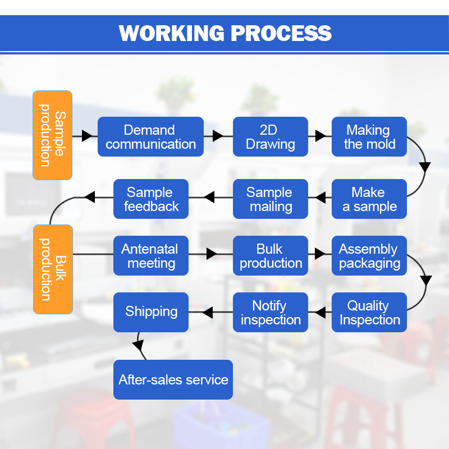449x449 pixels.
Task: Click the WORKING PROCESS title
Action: tap(225, 33)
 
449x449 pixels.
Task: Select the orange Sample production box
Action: tap(52, 135)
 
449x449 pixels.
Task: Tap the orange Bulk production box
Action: tap(53, 269)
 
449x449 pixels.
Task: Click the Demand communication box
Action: tap(150, 136)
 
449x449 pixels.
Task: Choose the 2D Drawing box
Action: tap(271, 136)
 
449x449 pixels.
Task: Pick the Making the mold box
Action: tap(369, 136)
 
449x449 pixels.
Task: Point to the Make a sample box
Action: tap(369, 199)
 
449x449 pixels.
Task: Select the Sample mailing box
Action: tap(271, 199)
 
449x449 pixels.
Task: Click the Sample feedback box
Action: tap(151, 199)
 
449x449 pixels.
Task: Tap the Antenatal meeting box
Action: tap(151, 255)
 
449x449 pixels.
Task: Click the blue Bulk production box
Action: tap(271, 255)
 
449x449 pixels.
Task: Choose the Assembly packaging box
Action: tap(369, 255)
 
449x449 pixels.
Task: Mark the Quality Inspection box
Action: tap(369, 312)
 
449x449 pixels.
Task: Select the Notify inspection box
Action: tap(271, 312)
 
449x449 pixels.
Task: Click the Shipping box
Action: tap(151, 312)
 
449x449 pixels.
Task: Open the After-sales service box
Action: tap(173, 379)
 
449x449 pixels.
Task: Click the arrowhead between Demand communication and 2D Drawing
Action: tap(218, 136)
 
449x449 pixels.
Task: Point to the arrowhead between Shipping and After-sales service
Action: tap(139, 346)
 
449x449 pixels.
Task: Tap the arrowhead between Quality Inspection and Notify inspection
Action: tap(320, 313)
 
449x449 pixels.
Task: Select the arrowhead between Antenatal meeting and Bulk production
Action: tap(212, 254)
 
